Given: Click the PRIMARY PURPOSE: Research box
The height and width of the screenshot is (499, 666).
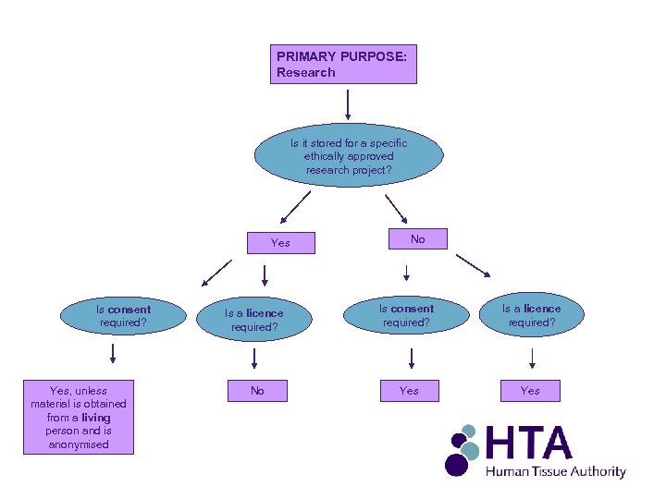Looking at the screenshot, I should [x=343, y=65].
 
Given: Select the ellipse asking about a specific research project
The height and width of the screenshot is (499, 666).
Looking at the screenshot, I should [x=348, y=156].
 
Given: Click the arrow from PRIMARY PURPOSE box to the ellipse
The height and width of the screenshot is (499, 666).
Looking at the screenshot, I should [x=348, y=105].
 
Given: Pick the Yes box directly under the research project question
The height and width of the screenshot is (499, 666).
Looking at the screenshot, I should [x=280, y=243].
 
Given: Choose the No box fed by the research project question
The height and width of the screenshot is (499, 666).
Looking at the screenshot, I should [x=417, y=239].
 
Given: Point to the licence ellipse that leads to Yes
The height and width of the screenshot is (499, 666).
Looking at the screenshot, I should [x=531, y=315].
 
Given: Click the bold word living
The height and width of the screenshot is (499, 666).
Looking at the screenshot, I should [x=95, y=418].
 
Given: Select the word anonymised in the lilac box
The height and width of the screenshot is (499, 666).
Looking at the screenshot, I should [x=79, y=444].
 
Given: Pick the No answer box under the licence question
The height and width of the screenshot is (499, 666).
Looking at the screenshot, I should [x=257, y=391].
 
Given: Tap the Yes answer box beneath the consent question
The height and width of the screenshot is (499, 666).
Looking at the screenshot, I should [x=409, y=391].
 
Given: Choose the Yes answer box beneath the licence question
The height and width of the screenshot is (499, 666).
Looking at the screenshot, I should [x=530, y=391].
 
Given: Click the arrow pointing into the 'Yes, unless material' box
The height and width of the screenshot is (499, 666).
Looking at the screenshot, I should [x=112, y=353].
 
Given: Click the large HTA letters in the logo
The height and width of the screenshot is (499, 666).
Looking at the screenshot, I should [x=528, y=444].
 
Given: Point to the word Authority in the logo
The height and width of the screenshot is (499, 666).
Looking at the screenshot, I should [x=598, y=472].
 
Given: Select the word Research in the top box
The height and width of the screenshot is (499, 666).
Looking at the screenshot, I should [x=305, y=72].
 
